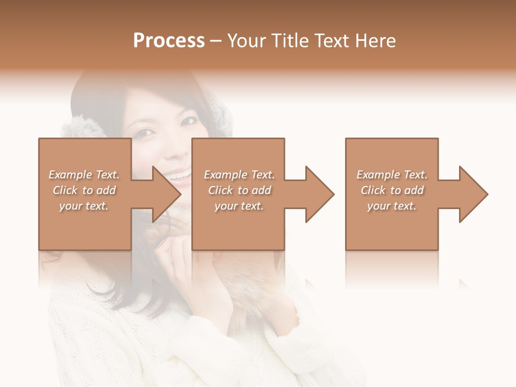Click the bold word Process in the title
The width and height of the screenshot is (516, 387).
click(x=169, y=41)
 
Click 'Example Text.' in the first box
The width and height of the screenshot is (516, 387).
click(x=84, y=175)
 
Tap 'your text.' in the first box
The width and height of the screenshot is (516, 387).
click(x=84, y=206)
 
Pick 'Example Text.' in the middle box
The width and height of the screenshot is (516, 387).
click(x=239, y=175)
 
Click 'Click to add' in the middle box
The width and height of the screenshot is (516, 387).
click(x=239, y=190)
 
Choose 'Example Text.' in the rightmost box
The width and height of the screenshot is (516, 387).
click(x=392, y=175)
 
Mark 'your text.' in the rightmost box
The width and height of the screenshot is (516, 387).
click(x=392, y=206)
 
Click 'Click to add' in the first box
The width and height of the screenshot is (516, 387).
click(x=84, y=190)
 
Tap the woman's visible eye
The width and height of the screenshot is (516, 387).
click(x=142, y=132)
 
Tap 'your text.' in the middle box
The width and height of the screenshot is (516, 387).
click(x=239, y=206)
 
